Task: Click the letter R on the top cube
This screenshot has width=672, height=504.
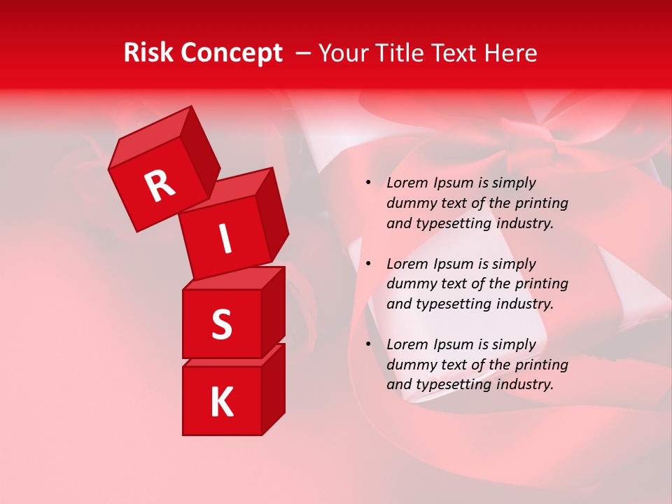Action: coord(160,186)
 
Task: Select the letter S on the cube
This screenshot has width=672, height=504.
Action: coord(221,324)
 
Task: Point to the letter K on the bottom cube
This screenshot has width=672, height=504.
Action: coord(221,402)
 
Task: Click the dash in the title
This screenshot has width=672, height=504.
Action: coord(303,53)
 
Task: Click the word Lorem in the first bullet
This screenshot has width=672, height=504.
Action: coord(407,183)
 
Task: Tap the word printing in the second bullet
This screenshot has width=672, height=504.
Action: coord(541,284)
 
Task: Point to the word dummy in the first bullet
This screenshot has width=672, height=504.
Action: coord(411,203)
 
